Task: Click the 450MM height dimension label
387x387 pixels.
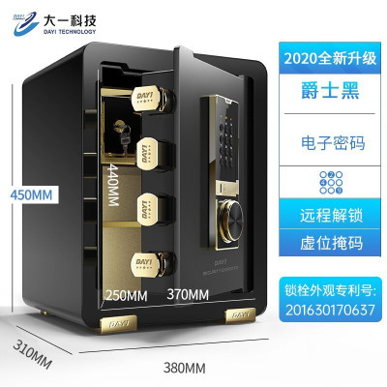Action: pyautogui.click(x=31, y=194)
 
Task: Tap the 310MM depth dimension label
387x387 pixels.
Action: pyautogui.click(x=32, y=354)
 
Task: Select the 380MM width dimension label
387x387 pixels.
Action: pyautogui.click(x=185, y=368)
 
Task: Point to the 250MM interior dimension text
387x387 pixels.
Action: pyautogui.click(x=127, y=295)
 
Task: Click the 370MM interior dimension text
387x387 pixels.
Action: pyautogui.click(x=188, y=294)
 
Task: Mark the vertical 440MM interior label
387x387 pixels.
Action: pyautogui.click(x=113, y=185)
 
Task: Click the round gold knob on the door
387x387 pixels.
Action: pyautogui.click(x=231, y=221)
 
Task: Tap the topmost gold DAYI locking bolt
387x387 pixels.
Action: pyautogui.click(x=154, y=98)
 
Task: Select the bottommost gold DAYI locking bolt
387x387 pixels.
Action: pyautogui.click(x=154, y=263)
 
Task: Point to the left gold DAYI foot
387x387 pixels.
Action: pyautogui.click(x=118, y=323)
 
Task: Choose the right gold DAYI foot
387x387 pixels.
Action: pyautogui.click(x=241, y=315)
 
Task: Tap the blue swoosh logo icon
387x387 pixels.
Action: pyautogui.click(x=25, y=23)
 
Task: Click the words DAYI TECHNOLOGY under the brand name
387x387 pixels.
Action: pyautogui.click(x=70, y=32)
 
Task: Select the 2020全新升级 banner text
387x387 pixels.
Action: pyautogui.click(x=330, y=58)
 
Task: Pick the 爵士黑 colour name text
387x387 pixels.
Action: pyautogui.click(x=330, y=91)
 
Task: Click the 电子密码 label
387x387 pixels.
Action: pyautogui.click(x=333, y=143)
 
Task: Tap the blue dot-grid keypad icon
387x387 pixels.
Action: pyautogui.click(x=331, y=183)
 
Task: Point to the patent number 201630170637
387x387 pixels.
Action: pyautogui.click(x=330, y=310)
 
